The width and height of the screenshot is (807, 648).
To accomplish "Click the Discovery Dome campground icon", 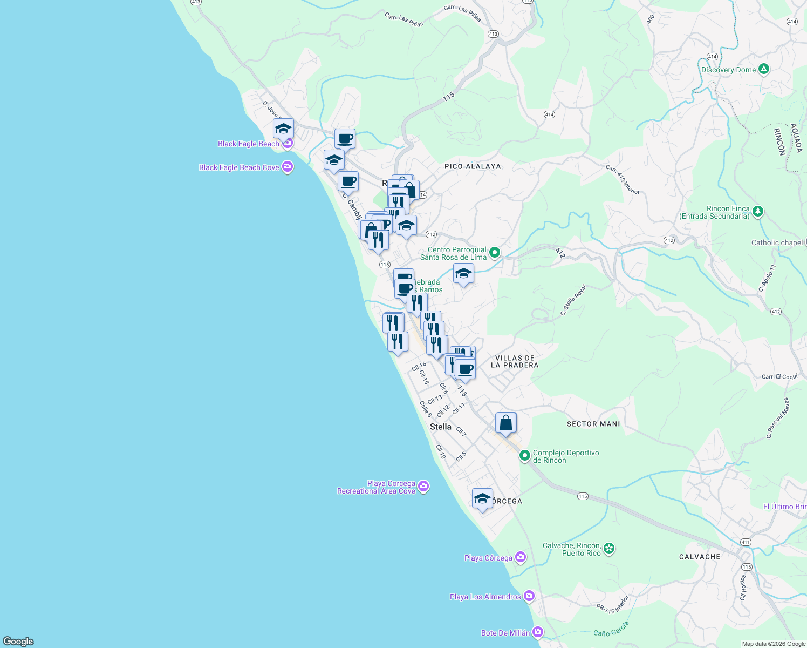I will click(763, 69).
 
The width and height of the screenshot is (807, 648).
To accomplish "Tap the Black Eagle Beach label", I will click(248, 144).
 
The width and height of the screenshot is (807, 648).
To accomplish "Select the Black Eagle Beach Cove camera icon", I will click(288, 167).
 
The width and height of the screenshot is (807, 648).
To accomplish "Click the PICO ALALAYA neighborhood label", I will click(473, 166).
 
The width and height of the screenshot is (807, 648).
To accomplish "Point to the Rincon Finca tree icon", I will click(758, 211).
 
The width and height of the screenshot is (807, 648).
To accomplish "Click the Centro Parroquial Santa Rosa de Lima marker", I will click(494, 252).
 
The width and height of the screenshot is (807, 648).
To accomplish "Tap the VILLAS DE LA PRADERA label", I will click(515, 361).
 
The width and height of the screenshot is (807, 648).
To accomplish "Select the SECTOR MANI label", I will click(593, 424).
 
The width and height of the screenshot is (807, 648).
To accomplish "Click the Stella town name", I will click(441, 427).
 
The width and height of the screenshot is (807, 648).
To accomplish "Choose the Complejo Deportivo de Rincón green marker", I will click(524, 456).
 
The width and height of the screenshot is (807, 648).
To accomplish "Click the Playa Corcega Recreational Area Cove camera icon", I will click(423, 487).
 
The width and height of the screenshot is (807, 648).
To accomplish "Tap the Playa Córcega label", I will click(488, 558).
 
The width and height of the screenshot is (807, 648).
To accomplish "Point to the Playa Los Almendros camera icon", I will click(529, 596).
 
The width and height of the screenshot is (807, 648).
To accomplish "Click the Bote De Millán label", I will click(505, 633).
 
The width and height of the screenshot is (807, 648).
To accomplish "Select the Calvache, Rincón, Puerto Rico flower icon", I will click(609, 549).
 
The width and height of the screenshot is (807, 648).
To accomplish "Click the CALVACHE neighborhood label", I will click(700, 557).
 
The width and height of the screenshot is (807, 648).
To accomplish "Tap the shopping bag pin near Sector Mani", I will click(505, 423).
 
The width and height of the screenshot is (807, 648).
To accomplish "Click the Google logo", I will click(18, 642).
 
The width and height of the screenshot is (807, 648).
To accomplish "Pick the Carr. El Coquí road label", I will click(779, 376).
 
